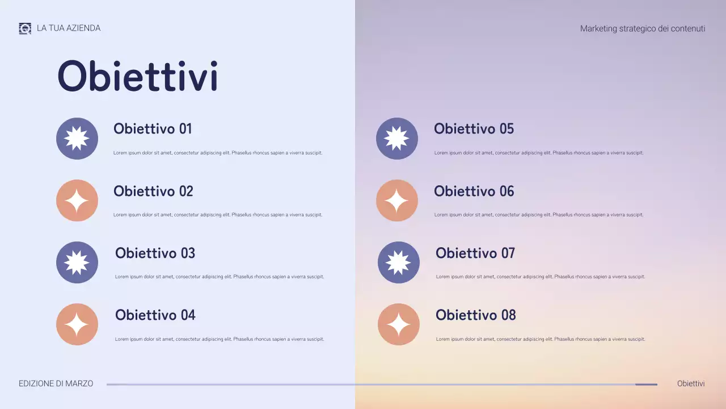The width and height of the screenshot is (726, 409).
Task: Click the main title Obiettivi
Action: point(137,76)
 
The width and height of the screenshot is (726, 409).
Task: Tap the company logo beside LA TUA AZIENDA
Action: point(25,28)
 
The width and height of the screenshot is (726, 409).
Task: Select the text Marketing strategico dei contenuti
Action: point(643,28)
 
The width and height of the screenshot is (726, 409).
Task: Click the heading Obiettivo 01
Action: point(153,129)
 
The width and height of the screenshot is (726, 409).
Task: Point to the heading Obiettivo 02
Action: point(153,191)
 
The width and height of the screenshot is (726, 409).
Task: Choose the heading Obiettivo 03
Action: point(155,253)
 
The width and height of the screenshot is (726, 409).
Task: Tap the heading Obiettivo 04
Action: point(155,315)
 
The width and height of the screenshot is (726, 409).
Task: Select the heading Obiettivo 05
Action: point(474,129)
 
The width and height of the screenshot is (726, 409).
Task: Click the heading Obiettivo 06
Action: point(474,191)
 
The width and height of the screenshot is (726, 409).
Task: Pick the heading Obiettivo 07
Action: point(475,253)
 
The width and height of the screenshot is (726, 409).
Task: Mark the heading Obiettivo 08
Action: point(476,315)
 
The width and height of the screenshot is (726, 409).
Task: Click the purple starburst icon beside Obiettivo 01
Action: point(77,139)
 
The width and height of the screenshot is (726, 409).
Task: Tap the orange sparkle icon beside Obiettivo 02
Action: point(77,201)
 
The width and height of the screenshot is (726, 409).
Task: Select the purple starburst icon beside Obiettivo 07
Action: point(399,262)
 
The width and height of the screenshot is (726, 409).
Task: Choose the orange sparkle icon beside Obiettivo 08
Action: point(399,324)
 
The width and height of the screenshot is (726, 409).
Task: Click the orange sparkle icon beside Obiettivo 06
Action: point(397,201)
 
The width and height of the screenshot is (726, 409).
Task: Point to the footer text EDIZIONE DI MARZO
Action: point(56,384)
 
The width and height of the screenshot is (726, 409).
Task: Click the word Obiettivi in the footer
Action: point(691,384)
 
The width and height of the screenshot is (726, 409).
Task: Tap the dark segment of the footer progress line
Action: point(646,385)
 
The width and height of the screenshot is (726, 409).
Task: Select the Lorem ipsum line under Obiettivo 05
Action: point(539,153)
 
